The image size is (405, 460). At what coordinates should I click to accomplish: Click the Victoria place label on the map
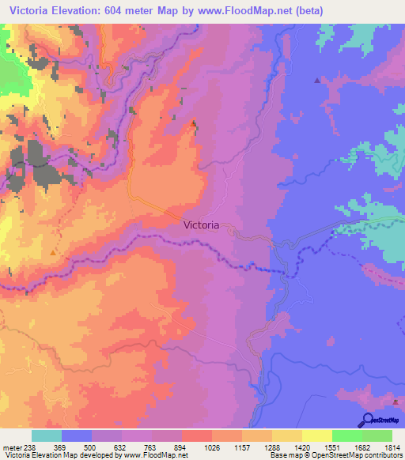[x=201, y=224]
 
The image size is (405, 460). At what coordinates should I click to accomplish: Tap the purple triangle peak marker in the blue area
[x=317, y=80]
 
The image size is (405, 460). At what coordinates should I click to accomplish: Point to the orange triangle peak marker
[x=52, y=252]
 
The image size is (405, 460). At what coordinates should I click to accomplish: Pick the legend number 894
[x=182, y=447]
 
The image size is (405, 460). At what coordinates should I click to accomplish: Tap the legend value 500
[x=93, y=447]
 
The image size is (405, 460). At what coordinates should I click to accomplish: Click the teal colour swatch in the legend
[x=47, y=435]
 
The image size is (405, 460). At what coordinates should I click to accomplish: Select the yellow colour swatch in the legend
[x=316, y=435]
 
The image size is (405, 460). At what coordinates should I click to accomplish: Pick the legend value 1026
[x=212, y=447]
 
